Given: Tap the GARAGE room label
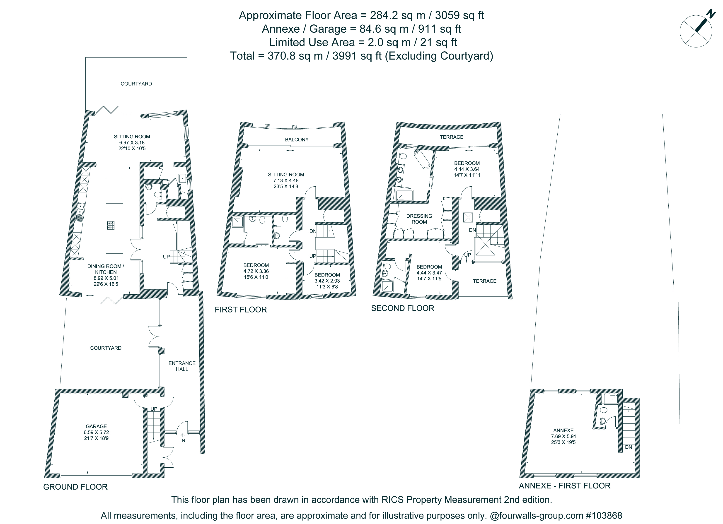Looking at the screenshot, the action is tap(96, 426).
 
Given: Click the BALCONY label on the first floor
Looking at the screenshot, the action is tap(297, 139).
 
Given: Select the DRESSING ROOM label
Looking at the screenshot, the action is tap(419, 219).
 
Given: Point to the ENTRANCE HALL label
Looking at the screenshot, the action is tap(182, 366).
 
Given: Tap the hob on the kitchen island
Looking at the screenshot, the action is tap(111, 226).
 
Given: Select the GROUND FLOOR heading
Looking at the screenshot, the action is tap(75, 487).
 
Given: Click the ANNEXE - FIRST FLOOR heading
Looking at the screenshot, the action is tap(565, 486).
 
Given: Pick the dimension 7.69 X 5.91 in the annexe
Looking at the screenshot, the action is tap(564, 436).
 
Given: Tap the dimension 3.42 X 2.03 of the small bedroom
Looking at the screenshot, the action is tap(327, 281).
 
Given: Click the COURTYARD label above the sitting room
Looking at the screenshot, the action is tap(136, 84).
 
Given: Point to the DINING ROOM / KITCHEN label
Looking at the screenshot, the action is tap(106, 269).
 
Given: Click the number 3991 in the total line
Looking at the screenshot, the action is tap(345, 56).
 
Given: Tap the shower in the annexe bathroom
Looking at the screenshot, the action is tap(611, 398).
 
